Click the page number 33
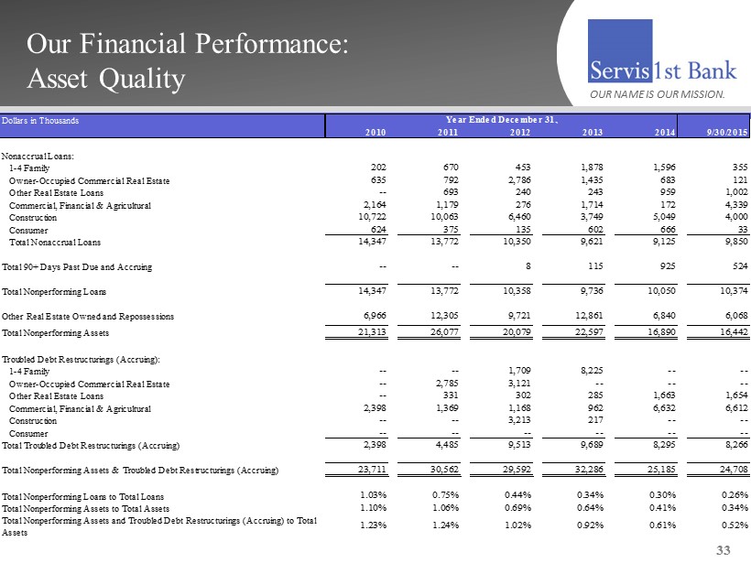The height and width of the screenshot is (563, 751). point(724,549)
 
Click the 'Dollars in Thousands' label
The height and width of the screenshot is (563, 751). point(40,120)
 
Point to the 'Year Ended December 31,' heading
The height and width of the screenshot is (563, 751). point(502,120)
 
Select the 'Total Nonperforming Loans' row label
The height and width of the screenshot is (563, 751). point(53,292)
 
